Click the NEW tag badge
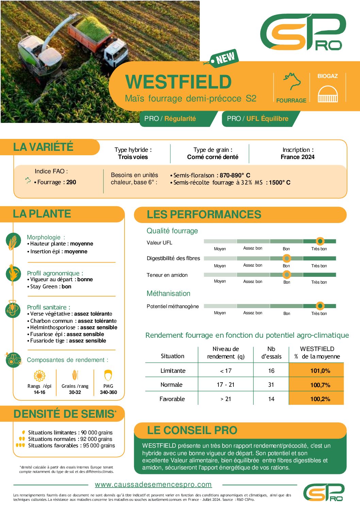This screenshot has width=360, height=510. pyautogui.click(x=225, y=58)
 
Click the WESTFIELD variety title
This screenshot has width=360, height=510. pyautogui.click(x=179, y=82)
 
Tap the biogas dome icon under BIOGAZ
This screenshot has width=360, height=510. pyautogui.click(x=327, y=94)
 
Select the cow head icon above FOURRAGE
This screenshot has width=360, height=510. pyautogui.click(x=292, y=81)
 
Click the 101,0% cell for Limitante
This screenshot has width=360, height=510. pyautogui.click(x=320, y=371)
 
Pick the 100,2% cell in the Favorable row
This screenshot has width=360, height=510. pyautogui.click(x=320, y=399)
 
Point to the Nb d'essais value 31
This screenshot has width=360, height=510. pyautogui.click(x=271, y=385)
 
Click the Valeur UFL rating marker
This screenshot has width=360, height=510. pyautogui.click(x=320, y=241)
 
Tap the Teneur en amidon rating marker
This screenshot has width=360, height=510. pyautogui.click(x=287, y=274)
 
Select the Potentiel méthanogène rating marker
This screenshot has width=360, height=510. pyautogui.click(x=320, y=306)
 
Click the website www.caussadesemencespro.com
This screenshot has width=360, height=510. pyautogui.click(x=153, y=484)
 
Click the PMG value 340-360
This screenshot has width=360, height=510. pyautogui.click(x=108, y=392)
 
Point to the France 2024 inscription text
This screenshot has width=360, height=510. pyautogui.click(x=297, y=157)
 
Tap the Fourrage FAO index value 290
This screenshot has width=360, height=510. pyautogui.click(x=71, y=182)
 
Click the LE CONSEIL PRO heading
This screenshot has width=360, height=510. pyautogui.click(x=192, y=430)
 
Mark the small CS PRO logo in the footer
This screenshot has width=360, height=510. pyautogui.click(x=324, y=492)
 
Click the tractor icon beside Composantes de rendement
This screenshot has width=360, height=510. pyautogui.click(x=14, y=360)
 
